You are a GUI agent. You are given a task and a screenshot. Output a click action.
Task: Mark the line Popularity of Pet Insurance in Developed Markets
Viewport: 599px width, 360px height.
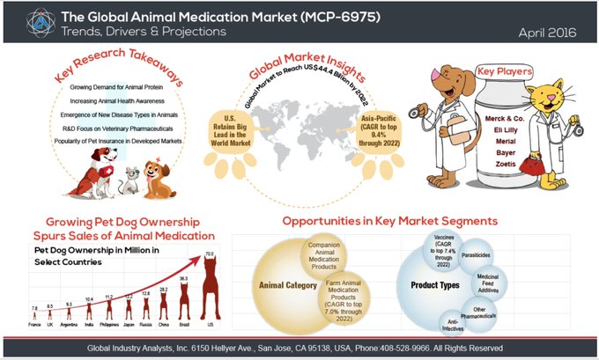point(121,140)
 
